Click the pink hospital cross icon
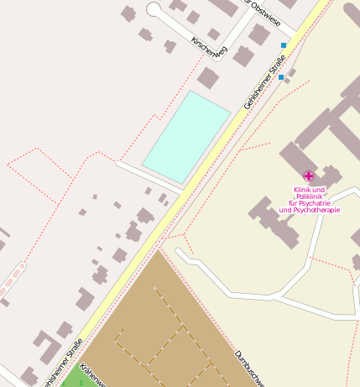click(x=309, y=176)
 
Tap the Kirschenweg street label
click(x=209, y=49)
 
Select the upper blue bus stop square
click(x=284, y=44)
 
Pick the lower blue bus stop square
click(x=281, y=77)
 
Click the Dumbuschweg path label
click(x=250, y=367)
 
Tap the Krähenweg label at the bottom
click(x=91, y=376)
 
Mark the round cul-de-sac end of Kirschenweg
click(x=154, y=9)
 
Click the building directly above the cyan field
click(x=207, y=78)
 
